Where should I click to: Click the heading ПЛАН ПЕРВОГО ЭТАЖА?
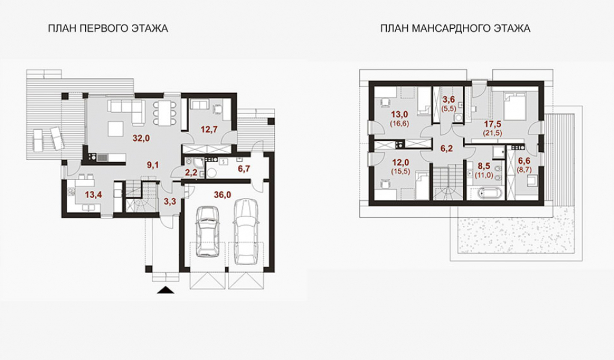(108, 29)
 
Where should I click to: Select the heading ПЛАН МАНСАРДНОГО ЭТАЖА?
(455, 29)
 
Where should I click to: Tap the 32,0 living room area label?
(142, 138)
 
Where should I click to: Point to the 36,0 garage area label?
(222, 194)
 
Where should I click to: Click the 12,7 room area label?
(209, 130)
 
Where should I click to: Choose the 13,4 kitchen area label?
(94, 194)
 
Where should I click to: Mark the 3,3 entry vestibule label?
(170, 202)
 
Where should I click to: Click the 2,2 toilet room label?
(191, 172)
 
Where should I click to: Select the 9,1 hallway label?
(153, 166)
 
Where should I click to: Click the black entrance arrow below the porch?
(166, 290)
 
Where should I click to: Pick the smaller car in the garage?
(207, 231)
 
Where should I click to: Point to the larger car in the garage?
(245, 232)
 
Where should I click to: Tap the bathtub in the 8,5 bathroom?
(486, 194)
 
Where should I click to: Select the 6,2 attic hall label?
(446, 149)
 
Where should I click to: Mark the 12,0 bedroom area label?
(400, 163)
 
